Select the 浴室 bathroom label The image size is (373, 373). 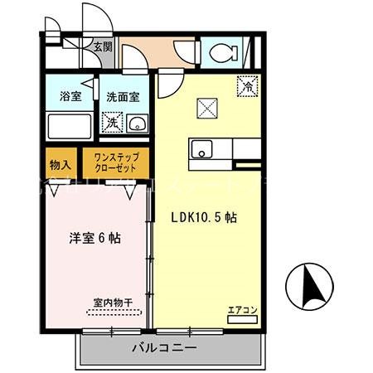coord(69,96)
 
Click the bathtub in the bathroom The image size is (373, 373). coord(69,126)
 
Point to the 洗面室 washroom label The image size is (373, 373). coord(121,96)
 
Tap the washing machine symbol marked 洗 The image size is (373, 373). coord(111,123)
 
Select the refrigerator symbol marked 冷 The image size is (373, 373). coord(246,85)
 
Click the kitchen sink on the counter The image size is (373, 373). coord(201,151)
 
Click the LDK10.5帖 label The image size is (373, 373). coord(205,218)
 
